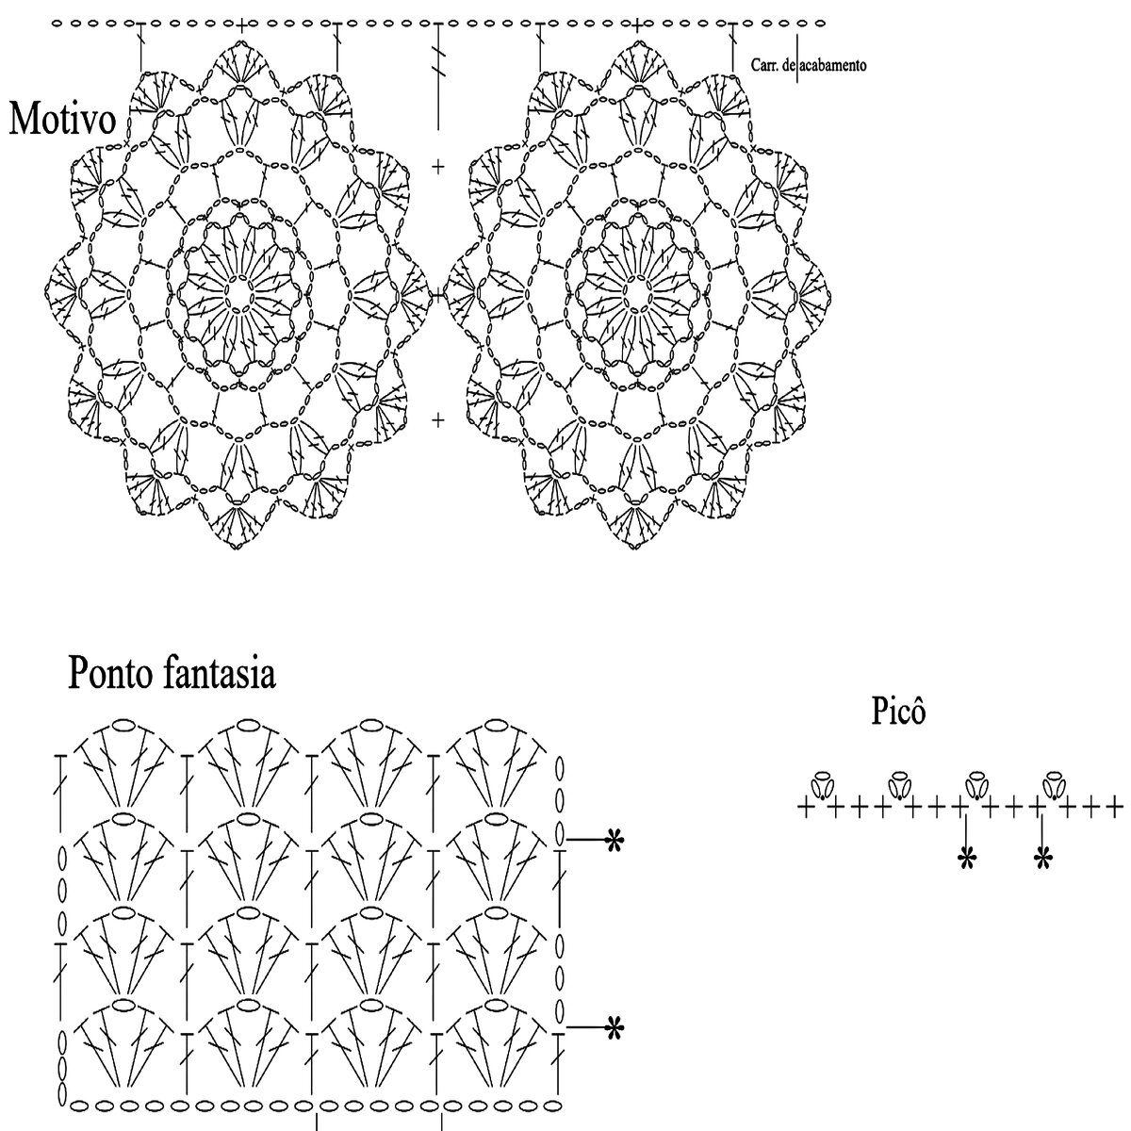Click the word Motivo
[x=62, y=121]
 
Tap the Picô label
[x=898, y=713]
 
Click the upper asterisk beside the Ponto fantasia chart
[x=615, y=839]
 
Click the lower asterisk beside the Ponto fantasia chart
[x=615, y=1027]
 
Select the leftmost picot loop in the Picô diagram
[x=820, y=783]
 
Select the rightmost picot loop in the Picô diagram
[x=1053, y=783]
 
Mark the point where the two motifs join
[x=438, y=295]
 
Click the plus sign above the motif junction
[x=438, y=167]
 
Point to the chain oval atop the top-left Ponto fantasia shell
[x=123, y=725]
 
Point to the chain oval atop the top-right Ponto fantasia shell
[x=497, y=725]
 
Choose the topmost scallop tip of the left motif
[x=239, y=42]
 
